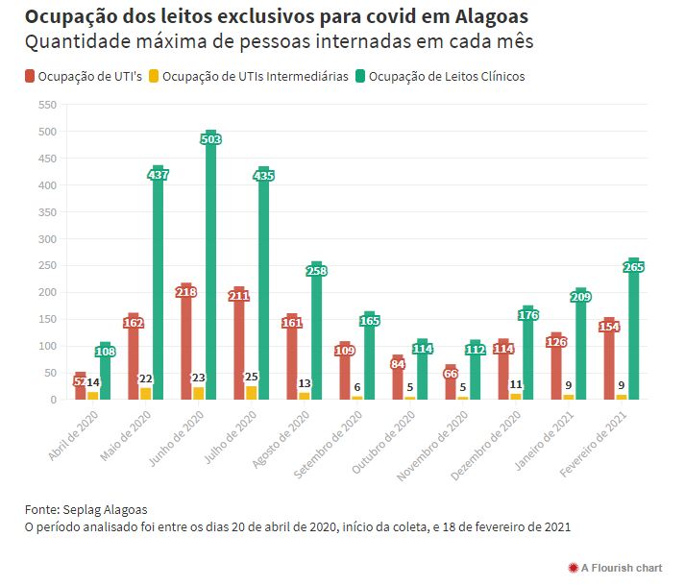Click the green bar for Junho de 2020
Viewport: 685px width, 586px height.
point(210,269)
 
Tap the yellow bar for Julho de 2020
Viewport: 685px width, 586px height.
point(251,393)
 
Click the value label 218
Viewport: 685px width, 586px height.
point(186,292)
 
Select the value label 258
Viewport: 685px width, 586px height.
point(317,271)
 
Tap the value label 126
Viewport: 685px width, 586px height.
point(556,341)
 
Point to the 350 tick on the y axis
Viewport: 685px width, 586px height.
point(46,211)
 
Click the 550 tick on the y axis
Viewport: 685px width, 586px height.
point(46,104)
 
